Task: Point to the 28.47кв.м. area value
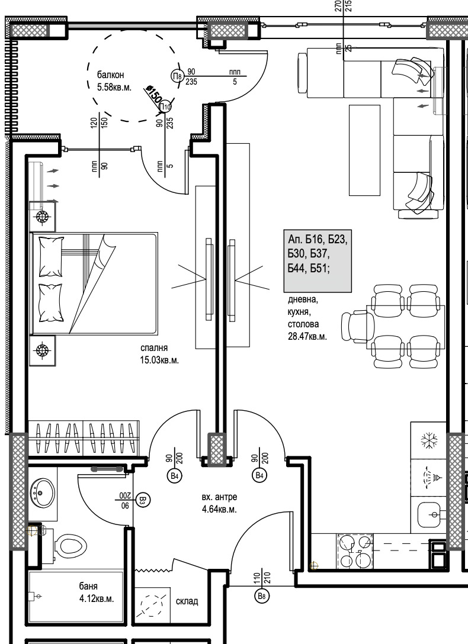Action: pyautogui.click(x=307, y=336)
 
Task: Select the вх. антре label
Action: pyautogui.click(x=219, y=498)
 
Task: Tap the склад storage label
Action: pyautogui.click(x=187, y=601)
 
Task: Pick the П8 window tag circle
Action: pyautogui.click(x=177, y=76)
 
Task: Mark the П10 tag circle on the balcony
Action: pyautogui.click(x=165, y=107)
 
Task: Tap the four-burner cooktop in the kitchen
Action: pyautogui.click(x=355, y=551)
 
